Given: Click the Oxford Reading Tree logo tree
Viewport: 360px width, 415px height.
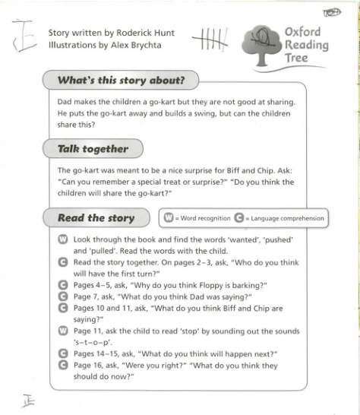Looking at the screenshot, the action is [262, 41].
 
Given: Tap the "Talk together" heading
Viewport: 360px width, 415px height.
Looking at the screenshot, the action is [93, 149].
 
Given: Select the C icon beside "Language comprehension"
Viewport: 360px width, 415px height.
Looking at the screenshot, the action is [243, 219].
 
